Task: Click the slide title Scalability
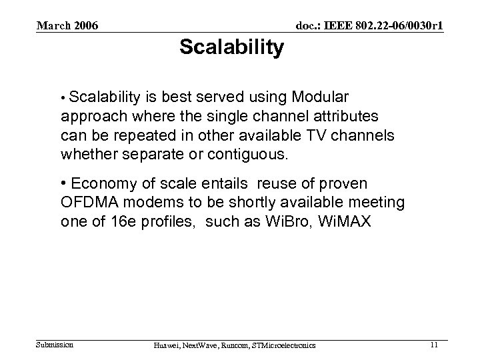click(x=231, y=48)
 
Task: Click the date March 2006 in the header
click(x=67, y=26)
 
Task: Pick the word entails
click(x=219, y=183)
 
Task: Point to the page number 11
click(x=434, y=345)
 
